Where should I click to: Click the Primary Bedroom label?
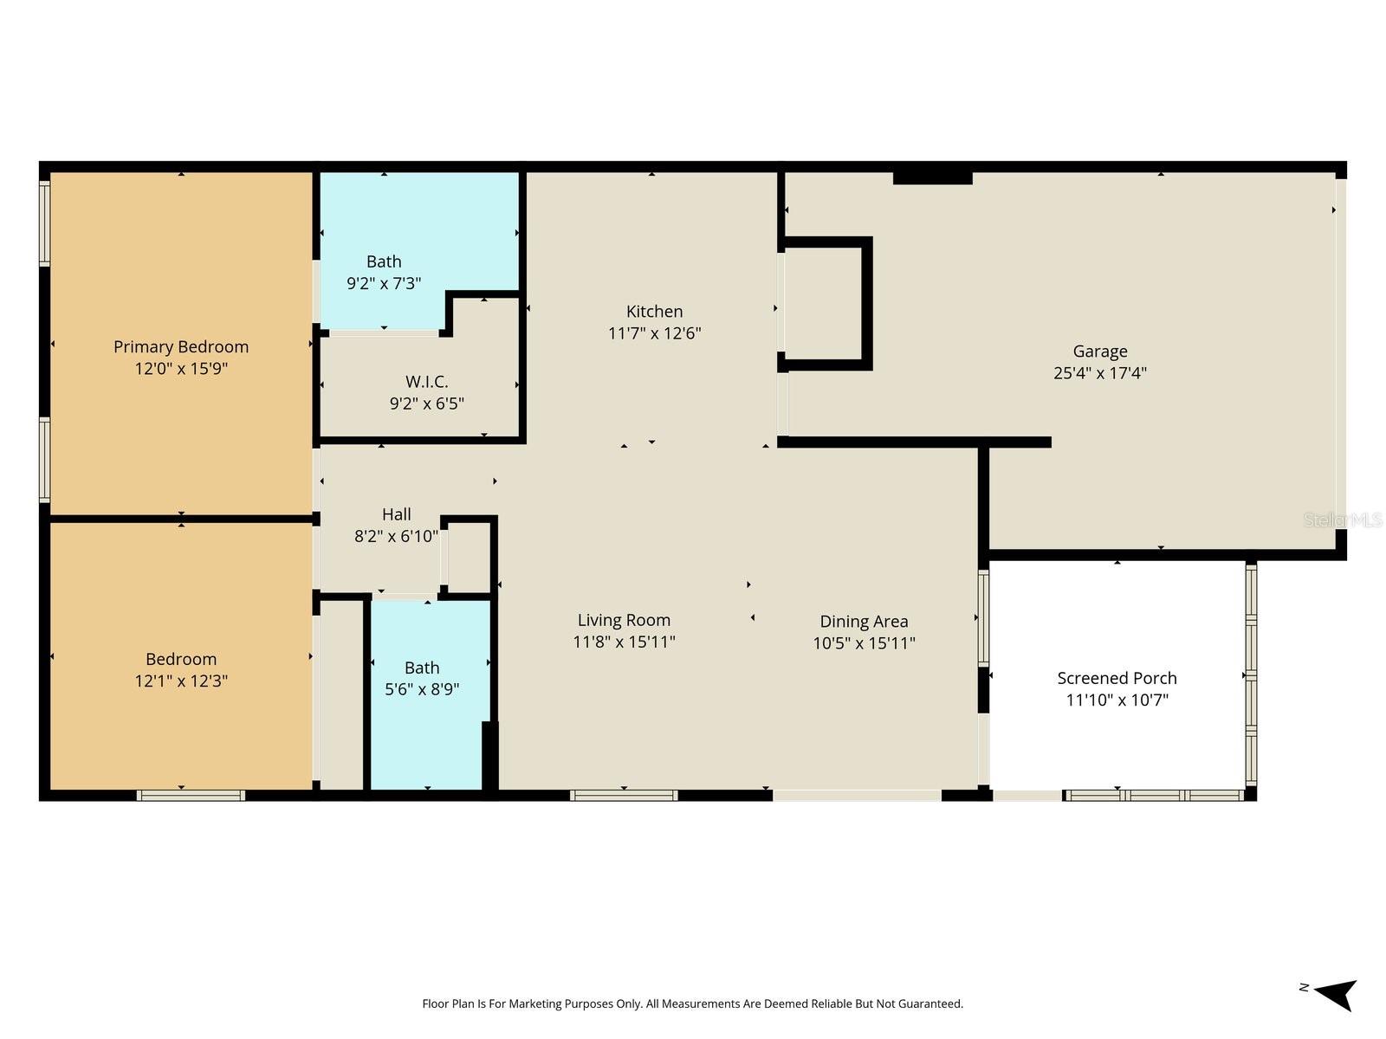[x=181, y=346]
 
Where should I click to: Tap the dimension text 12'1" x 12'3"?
[x=181, y=681]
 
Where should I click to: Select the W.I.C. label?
[x=426, y=382]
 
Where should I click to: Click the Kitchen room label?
[x=654, y=312]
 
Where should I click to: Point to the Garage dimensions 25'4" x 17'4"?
[x=1099, y=373]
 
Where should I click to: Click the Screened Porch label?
[x=1117, y=678]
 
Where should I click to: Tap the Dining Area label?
[x=864, y=622]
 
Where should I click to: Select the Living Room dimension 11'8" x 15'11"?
[x=624, y=642]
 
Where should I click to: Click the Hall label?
[x=396, y=514]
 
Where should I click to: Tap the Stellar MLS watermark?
[x=1343, y=519]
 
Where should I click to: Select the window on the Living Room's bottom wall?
[x=624, y=795]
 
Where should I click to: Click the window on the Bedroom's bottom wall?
[x=191, y=795]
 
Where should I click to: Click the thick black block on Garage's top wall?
[x=932, y=177]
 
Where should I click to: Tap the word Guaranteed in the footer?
[x=930, y=1004]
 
